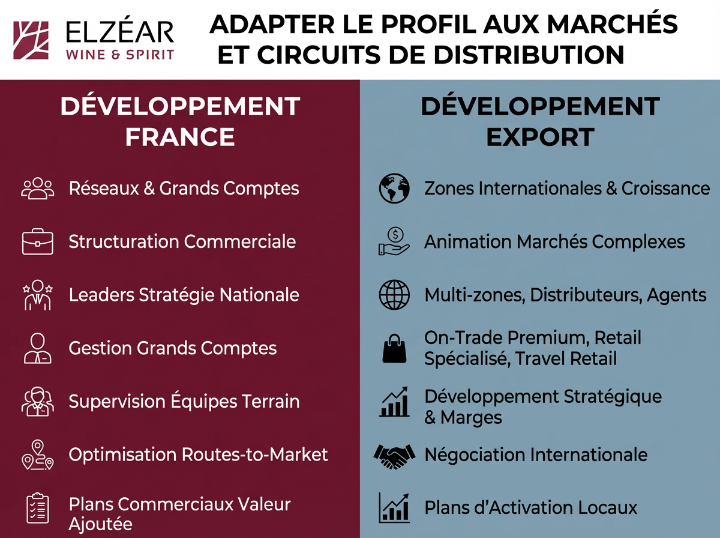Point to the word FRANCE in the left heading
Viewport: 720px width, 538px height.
179,136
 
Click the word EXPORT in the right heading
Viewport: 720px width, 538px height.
539,136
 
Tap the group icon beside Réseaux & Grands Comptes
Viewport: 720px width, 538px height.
37,188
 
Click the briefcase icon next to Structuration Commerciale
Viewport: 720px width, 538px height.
37,242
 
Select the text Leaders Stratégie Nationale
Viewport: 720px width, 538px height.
184,295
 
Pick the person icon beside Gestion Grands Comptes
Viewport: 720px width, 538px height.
37,348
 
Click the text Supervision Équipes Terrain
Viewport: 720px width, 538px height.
184,401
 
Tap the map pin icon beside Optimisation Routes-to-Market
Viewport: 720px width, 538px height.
37,455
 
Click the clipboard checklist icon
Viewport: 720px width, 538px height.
37,509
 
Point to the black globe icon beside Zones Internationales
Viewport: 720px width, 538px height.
394,189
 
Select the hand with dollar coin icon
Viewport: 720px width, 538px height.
394,242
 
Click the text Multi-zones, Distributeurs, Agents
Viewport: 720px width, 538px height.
565,295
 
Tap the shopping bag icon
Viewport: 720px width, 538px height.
394,348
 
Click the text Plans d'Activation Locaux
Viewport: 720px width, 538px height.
530,507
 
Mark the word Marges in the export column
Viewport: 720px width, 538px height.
472,417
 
